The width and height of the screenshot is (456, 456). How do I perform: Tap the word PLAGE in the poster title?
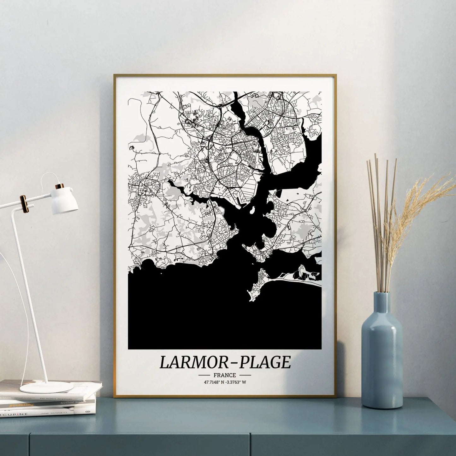coord(265,362)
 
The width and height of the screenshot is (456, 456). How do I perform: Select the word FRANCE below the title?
coord(224,375)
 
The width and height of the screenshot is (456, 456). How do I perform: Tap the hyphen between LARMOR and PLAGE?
coord(233,363)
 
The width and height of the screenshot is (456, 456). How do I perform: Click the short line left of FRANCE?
coord(204,375)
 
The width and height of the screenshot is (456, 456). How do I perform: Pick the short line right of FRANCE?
coord(245,375)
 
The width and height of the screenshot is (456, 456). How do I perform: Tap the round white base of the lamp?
coord(46,387)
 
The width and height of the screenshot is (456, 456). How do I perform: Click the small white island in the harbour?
coord(252,210)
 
